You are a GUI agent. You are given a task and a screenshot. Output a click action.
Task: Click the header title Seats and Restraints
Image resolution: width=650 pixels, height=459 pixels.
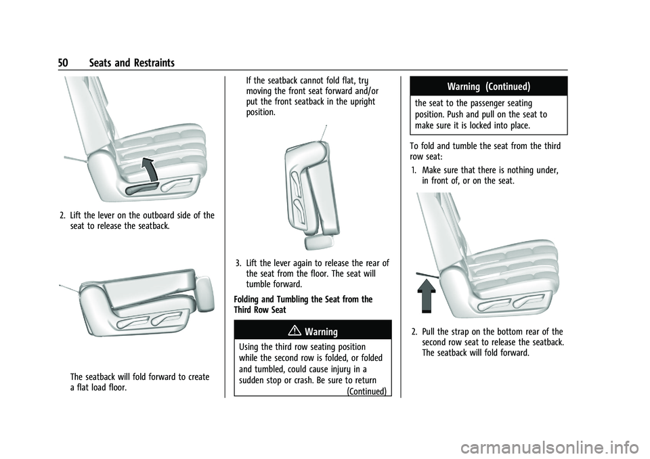(132, 63)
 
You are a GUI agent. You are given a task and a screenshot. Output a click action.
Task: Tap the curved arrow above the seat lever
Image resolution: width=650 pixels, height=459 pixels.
(150, 169)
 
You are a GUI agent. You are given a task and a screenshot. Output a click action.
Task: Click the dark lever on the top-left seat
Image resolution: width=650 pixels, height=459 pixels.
(138, 190)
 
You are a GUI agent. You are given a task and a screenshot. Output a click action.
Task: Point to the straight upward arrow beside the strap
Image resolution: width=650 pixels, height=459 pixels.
(426, 295)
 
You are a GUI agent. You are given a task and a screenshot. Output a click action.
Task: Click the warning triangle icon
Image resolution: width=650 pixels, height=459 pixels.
(298, 331)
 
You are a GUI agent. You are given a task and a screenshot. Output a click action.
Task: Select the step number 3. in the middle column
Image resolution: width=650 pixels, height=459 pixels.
(239, 263)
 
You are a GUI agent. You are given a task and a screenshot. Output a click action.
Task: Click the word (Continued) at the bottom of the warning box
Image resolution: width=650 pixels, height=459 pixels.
(367, 391)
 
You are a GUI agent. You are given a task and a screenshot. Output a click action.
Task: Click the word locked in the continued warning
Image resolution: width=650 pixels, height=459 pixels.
(477, 126)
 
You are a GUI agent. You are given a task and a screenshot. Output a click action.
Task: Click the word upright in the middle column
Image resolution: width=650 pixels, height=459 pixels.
(361, 102)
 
